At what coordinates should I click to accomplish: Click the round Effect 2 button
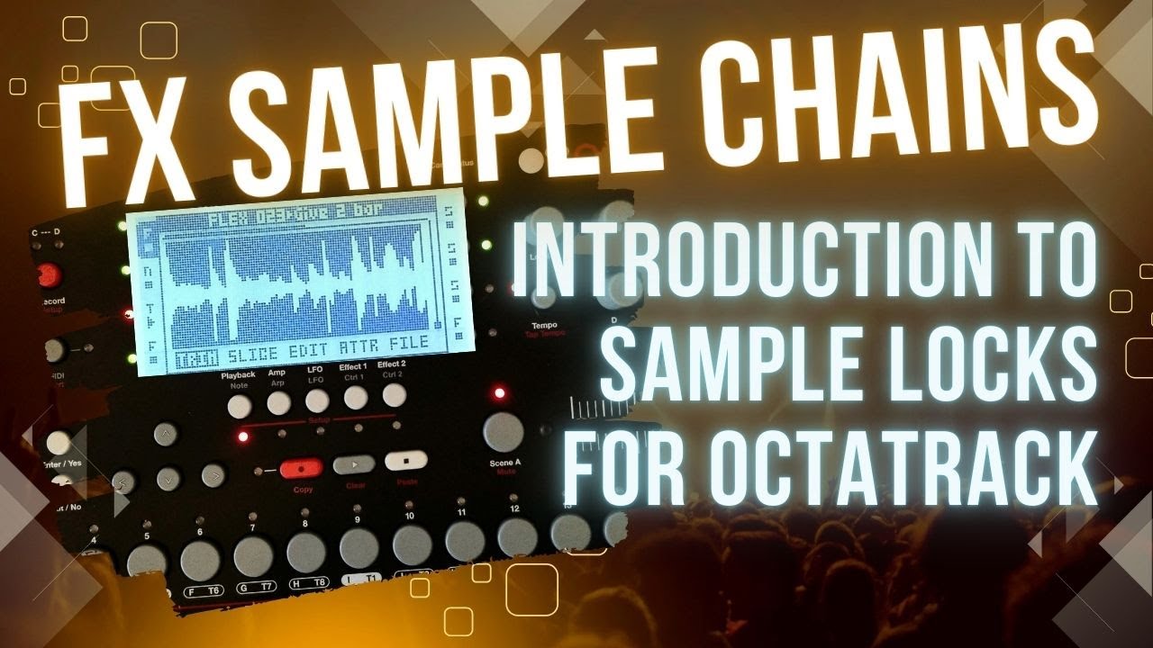pos(394,394)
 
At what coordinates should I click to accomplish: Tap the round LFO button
pos(316,400)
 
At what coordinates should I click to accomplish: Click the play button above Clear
pos(353,465)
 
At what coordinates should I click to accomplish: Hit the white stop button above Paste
pos(406,461)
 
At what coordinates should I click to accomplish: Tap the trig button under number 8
pos(306,552)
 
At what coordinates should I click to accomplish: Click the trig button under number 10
pos(413,544)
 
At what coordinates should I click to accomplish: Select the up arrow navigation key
pos(164,434)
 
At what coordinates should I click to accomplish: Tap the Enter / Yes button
pos(59,443)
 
